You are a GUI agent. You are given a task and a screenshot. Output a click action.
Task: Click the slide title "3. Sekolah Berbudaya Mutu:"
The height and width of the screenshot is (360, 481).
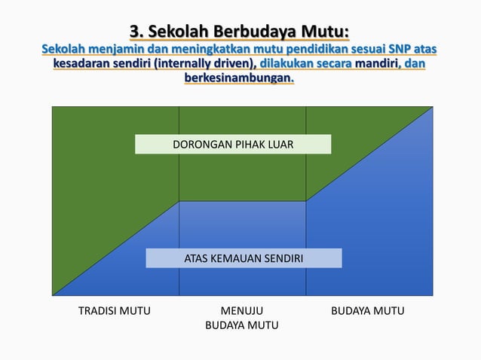(240, 32)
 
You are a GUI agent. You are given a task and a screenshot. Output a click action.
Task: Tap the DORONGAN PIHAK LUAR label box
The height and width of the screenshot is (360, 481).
(233, 144)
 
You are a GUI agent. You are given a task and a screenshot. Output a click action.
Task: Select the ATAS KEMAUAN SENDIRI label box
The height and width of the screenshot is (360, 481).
(244, 258)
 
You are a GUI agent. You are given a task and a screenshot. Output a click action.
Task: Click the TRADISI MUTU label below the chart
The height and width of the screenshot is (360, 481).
(115, 311)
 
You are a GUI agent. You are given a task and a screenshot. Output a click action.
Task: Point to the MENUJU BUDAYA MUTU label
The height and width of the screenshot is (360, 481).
(242, 318)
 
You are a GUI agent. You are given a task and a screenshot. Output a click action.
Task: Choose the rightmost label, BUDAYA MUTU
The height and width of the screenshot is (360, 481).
(368, 311)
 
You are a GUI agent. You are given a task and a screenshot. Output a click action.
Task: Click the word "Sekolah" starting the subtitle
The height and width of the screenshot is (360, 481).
(65, 50)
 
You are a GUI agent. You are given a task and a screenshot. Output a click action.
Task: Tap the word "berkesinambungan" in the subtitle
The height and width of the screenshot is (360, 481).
(238, 78)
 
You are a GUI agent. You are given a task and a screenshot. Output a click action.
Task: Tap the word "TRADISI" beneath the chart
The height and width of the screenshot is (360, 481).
(99, 311)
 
